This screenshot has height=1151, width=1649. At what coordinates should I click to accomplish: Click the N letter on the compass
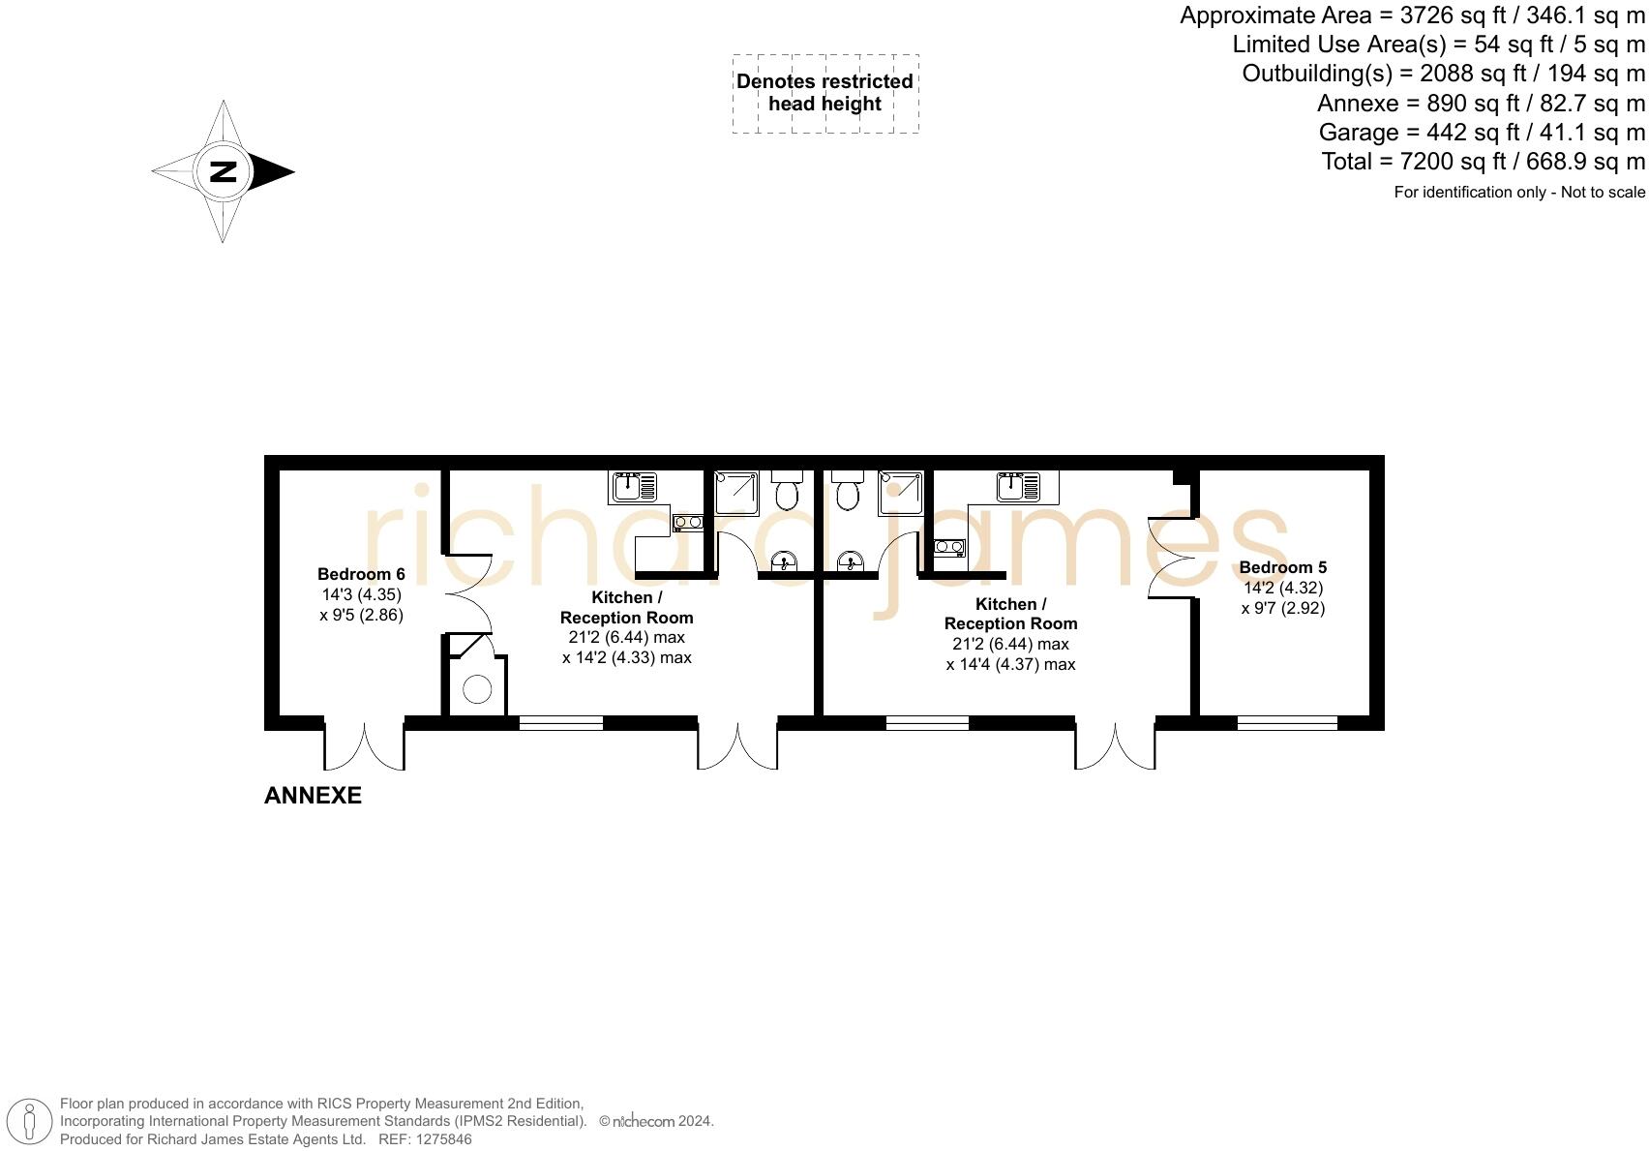pyautogui.click(x=223, y=171)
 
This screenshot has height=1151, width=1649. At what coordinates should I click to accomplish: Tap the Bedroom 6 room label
pyautogui.click(x=361, y=574)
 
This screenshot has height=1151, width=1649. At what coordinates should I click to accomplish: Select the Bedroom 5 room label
pyautogui.click(x=1282, y=567)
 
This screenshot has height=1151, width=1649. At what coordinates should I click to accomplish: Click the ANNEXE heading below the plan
pyautogui.click(x=313, y=796)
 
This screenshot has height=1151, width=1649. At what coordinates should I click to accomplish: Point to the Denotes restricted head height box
pyautogui.click(x=824, y=93)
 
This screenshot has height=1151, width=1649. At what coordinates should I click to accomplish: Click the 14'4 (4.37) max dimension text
pyautogui.click(x=1010, y=664)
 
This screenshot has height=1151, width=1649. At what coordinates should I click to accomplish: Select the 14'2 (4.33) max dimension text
pyautogui.click(x=626, y=657)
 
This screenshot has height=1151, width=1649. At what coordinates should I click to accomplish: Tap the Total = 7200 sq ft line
pyautogui.click(x=1483, y=162)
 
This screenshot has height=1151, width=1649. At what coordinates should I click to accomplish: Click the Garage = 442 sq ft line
pyautogui.click(x=1481, y=133)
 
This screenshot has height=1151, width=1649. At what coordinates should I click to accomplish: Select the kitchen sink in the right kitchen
pyautogui.click(x=1017, y=486)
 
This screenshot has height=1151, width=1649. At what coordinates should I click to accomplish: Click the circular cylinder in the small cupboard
pyautogui.click(x=477, y=689)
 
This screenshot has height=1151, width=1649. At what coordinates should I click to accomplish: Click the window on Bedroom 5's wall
pyautogui.click(x=1286, y=722)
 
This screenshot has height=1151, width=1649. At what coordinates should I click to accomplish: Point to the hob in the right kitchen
pyautogui.click(x=948, y=548)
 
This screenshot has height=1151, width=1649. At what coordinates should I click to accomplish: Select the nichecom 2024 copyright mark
pyautogui.click(x=656, y=1121)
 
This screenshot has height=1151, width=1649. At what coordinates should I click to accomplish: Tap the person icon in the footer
pyautogui.click(x=30, y=1121)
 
